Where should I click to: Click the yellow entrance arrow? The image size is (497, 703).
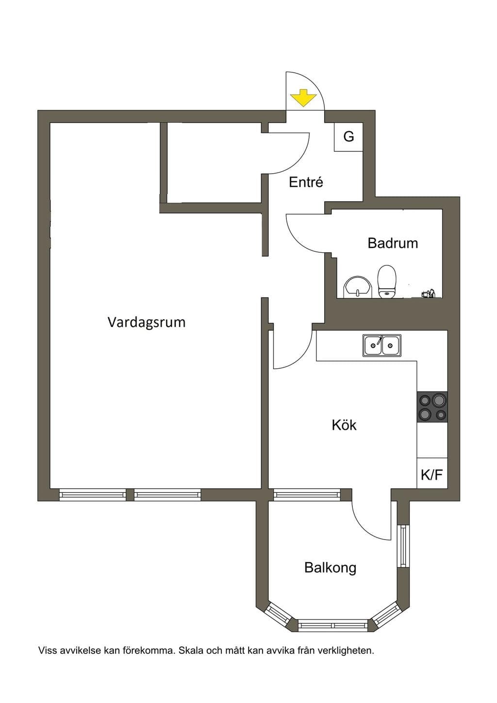click(x=303, y=98)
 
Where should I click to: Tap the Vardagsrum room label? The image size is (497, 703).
click(x=147, y=322)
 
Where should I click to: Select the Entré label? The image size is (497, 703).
click(x=306, y=182)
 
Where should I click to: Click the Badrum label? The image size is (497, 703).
click(x=393, y=243)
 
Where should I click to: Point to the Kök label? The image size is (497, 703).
click(x=344, y=425)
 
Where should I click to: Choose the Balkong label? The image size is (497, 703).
click(x=331, y=568)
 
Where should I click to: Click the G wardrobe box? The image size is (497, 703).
click(x=348, y=137)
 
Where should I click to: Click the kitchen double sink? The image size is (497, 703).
click(x=382, y=345)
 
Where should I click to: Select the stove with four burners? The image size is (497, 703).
click(x=432, y=407)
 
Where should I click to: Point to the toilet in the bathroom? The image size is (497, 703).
click(x=386, y=281)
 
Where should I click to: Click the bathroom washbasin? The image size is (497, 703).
click(x=358, y=287)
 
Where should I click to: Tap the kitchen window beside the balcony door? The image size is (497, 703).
click(x=307, y=494)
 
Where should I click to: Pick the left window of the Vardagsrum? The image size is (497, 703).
click(x=92, y=494)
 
